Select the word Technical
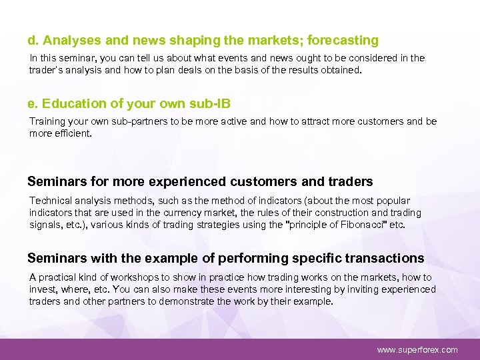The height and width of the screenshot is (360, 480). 50,200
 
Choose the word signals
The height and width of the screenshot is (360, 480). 44,224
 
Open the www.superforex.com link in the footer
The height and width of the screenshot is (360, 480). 417,349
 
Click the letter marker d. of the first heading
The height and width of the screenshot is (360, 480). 33,41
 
